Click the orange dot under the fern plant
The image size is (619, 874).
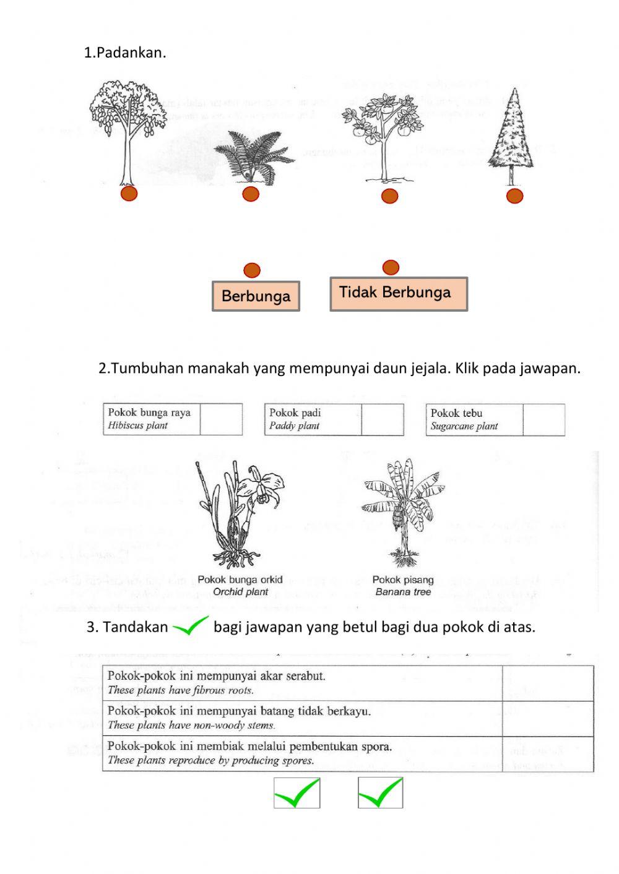(x=251, y=194)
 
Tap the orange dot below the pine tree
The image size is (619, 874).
(x=514, y=196)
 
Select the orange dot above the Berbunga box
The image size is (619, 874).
(x=252, y=270)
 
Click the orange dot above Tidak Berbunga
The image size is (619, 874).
(x=391, y=267)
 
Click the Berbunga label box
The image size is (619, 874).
(x=256, y=296)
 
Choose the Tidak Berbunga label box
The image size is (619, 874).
(x=398, y=294)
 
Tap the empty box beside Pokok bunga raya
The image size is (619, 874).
(x=221, y=419)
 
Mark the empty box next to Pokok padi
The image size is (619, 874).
(x=382, y=419)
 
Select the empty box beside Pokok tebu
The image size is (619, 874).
(x=543, y=420)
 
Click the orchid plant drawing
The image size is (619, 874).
(x=238, y=513)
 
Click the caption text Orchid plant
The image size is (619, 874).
(x=240, y=592)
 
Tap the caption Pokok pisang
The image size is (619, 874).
(x=402, y=580)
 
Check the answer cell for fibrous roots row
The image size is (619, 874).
(x=547, y=683)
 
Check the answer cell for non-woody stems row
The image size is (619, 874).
(x=547, y=718)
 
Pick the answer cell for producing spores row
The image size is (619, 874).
(x=547, y=753)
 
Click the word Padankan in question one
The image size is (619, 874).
(x=131, y=53)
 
